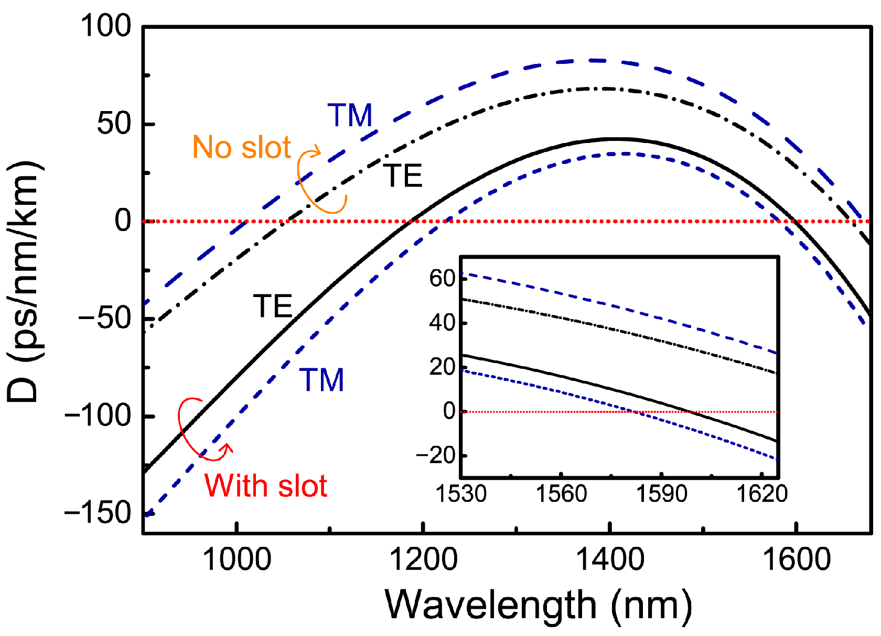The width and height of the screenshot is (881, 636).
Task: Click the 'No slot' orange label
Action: [x=241, y=147]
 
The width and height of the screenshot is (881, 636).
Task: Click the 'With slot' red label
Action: [x=266, y=486]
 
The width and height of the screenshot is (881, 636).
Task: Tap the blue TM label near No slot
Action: [x=350, y=115]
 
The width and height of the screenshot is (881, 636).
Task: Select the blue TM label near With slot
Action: [x=321, y=380]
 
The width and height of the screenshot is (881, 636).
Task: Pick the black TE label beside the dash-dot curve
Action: [x=403, y=176]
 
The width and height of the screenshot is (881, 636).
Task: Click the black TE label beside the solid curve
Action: [x=273, y=306]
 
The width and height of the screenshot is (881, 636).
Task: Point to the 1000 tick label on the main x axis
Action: [x=237, y=559]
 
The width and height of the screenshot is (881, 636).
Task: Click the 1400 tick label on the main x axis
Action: [x=609, y=559]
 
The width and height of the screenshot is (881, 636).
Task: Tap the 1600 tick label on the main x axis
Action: [x=796, y=559]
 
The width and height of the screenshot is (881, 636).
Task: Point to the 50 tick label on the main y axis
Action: [x=114, y=124]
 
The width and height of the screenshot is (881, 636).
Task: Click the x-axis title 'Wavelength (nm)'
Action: [x=538, y=606]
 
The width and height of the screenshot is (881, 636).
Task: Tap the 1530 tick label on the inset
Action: [x=461, y=494]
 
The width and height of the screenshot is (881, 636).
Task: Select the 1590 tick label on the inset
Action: [x=662, y=494]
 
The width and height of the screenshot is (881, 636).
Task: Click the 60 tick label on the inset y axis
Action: [x=442, y=278]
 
